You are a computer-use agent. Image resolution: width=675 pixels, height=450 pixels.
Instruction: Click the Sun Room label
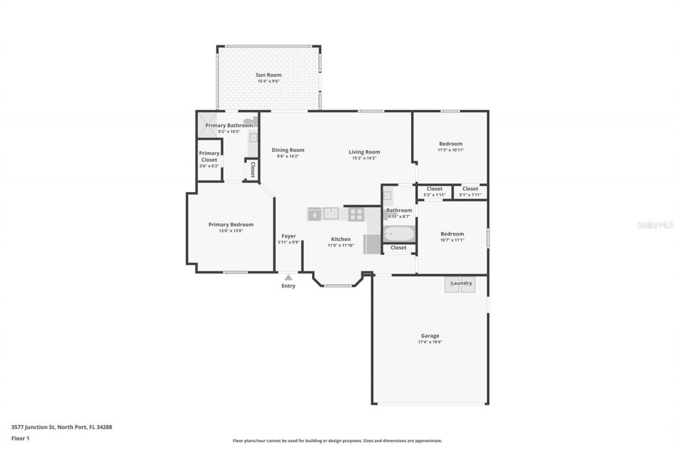(268, 75)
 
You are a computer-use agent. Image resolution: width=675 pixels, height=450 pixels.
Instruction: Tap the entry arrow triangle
(288, 277)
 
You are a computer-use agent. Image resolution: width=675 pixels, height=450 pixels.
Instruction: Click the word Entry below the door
(288, 286)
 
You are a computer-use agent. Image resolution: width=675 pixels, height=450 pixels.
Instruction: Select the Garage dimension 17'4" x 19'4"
(430, 342)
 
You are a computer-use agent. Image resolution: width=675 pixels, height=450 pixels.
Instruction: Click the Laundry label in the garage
(461, 283)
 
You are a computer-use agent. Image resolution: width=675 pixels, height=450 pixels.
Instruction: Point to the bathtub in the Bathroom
(399, 233)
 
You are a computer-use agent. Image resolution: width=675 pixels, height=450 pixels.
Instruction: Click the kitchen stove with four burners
(356, 214)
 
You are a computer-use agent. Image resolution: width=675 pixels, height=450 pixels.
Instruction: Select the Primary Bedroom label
(230, 224)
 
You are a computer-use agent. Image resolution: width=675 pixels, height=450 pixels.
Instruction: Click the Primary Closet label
(209, 156)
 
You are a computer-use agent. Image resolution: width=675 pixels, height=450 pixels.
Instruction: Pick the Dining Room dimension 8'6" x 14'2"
(288, 156)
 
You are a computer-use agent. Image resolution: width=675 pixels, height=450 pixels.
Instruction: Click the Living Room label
(364, 152)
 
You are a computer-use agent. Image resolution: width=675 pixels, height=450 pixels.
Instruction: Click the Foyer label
(288, 236)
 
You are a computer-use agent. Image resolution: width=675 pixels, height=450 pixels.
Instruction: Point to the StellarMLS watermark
(655, 225)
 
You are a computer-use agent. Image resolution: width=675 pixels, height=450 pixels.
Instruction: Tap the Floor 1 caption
(20, 438)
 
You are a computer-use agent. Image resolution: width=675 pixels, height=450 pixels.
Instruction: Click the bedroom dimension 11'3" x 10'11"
(451, 150)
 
